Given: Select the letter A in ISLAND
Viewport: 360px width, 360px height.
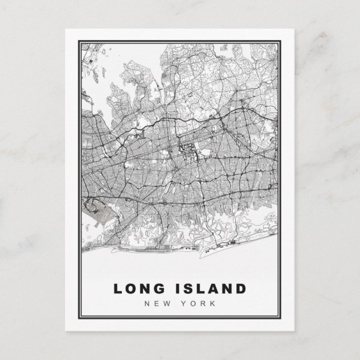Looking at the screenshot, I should coord(213,288).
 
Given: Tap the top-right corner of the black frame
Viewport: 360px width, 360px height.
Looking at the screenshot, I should coord(283,40).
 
